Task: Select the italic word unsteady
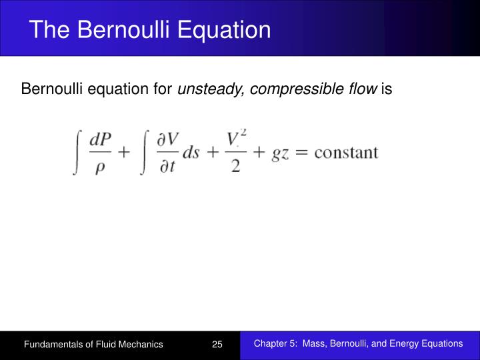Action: (x=208, y=89)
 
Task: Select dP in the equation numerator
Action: (x=100, y=141)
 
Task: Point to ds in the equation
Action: (x=191, y=153)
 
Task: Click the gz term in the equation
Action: (x=280, y=153)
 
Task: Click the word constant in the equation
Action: (x=346, y=153)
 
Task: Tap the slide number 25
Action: (x=217, y=345)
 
